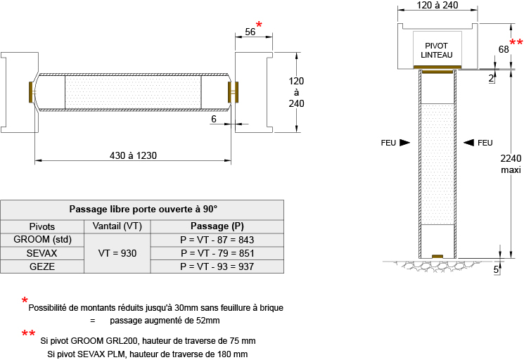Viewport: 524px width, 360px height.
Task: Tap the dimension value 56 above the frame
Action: pos(250,32)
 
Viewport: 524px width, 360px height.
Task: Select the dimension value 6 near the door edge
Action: pos(213,119)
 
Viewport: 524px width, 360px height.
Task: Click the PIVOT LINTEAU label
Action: pos(437,50)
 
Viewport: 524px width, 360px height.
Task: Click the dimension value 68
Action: pos(504,49)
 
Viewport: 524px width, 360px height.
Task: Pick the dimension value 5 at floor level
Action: pos(496,269)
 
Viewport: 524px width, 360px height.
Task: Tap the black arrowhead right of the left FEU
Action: pos(404,143)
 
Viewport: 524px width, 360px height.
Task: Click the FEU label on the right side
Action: pos(485,143)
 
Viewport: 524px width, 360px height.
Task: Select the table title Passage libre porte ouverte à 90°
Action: pos(143,209)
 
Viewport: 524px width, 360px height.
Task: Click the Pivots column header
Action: pos(42,226)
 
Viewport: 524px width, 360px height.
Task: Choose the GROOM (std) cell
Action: pos(42,240)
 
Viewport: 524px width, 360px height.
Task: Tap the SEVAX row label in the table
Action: pos(42,253)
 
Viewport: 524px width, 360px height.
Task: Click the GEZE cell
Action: pos(42,266)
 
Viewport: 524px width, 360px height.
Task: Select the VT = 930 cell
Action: pos(117,253)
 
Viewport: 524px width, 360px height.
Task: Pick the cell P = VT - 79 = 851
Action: pos(217,253)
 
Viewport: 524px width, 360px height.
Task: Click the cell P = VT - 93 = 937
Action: pos(217,266)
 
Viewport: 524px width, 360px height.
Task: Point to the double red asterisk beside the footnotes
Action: pos(28,334)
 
